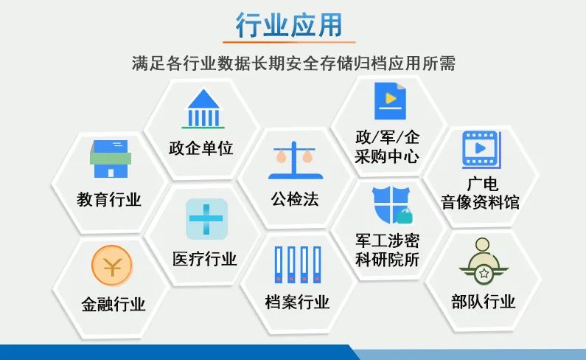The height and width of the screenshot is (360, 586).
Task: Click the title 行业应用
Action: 289,24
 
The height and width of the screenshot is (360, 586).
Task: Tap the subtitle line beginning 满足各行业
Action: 293,63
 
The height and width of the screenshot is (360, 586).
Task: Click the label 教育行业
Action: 109,199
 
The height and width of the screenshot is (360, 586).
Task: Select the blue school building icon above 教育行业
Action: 111,159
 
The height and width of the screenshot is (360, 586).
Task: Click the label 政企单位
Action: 201,148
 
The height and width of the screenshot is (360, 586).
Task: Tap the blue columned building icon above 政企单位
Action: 203,108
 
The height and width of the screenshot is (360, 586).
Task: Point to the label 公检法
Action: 295,198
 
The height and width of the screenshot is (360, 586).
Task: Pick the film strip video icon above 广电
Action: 481,150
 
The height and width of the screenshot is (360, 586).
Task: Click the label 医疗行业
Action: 204,259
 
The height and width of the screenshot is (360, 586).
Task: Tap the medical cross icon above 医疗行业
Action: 206,219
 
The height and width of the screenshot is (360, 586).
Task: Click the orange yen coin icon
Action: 112,266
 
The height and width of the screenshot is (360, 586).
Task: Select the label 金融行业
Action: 114,304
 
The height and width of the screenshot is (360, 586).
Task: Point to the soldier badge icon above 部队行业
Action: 483,261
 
